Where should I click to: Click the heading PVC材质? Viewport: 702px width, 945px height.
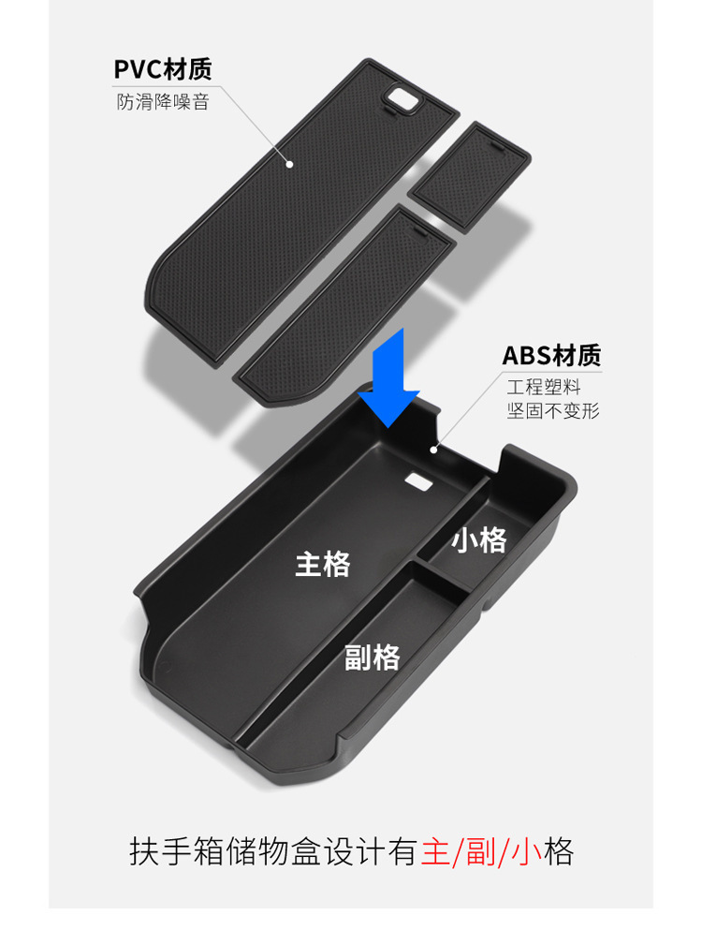162,69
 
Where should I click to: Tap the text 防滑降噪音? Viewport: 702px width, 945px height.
162,101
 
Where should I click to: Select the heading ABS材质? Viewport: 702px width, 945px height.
551,356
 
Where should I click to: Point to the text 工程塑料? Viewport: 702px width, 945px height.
544,387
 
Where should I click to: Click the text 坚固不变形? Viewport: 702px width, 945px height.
552,410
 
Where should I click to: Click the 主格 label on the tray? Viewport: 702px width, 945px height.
323,564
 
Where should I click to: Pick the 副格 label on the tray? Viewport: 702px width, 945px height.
372,657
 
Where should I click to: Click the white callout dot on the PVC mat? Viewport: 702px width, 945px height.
290,164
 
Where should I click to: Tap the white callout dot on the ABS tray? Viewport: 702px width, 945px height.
433,449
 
